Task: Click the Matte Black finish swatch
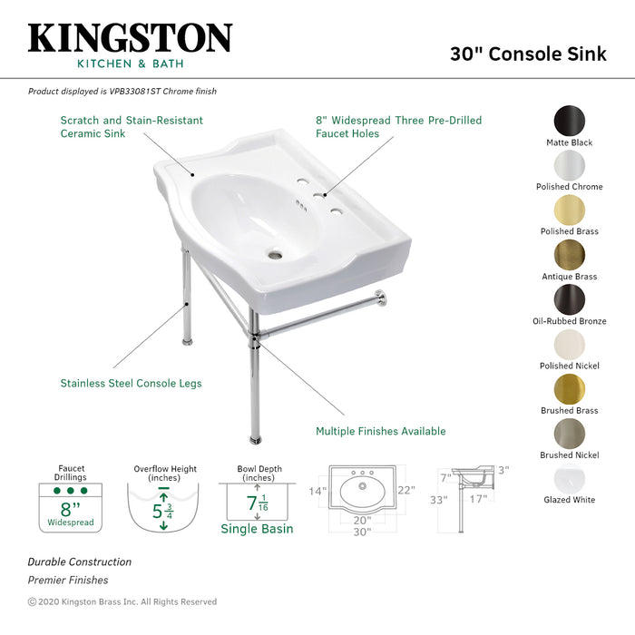[570, 121]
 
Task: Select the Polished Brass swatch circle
[570, 210]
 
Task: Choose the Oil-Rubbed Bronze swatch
[570, 299]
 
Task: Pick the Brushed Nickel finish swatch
[570, 433]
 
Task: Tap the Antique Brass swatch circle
[570, 255]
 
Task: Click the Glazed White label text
[570, 500]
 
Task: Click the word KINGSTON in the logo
[130, 38]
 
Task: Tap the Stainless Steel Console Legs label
[131, 384]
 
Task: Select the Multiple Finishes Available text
[380, 432]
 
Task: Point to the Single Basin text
[258, 529]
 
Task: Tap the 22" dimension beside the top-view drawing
[406, 491]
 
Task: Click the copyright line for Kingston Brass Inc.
[122, 601]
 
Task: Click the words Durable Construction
[79, 562]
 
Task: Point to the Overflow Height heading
[165, 470]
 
